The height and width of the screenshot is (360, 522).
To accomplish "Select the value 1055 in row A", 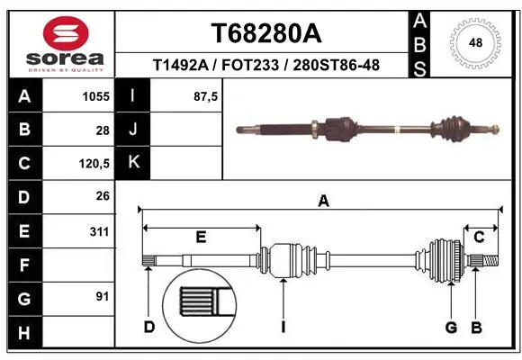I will [x=95, y=95].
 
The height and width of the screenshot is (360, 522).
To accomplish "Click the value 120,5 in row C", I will [x=94, y=164].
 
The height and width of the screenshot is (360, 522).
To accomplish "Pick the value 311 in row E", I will [x=99, y=231].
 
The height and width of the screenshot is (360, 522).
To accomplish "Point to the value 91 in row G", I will [x=102, y=296].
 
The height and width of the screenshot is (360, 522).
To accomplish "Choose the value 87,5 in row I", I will [x=206, y=95].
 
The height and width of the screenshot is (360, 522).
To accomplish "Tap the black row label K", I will [x=134, y=163].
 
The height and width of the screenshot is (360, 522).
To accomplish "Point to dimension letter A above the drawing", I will [x=323, y=202].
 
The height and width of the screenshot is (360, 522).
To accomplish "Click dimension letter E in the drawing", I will [x=201, y=237].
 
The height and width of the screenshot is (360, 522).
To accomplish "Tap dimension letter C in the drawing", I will [x=480, y=237].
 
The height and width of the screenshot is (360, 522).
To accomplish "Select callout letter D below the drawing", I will [x=149, y=326].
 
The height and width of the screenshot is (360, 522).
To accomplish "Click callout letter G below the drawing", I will [x=451, y=326].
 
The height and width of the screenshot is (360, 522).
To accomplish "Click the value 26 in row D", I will [x=102, y=196].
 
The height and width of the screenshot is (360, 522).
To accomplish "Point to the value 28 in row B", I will [x=102, y=130].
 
